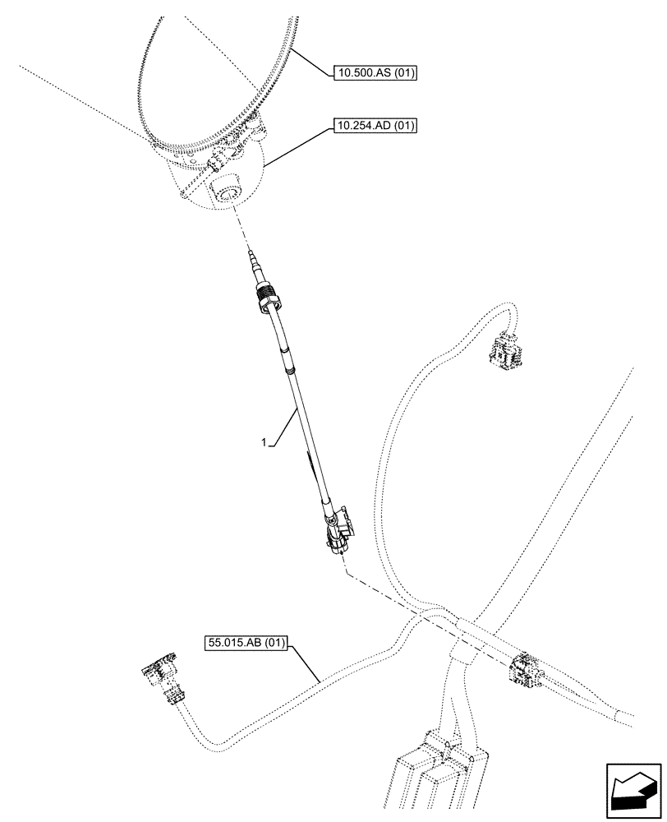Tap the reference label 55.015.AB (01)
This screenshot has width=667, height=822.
tap(245, 644)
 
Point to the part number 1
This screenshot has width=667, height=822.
tap(264, 443)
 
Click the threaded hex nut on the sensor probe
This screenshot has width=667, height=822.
tap(268, 301)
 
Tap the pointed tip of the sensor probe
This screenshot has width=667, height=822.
tap(248, 258)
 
